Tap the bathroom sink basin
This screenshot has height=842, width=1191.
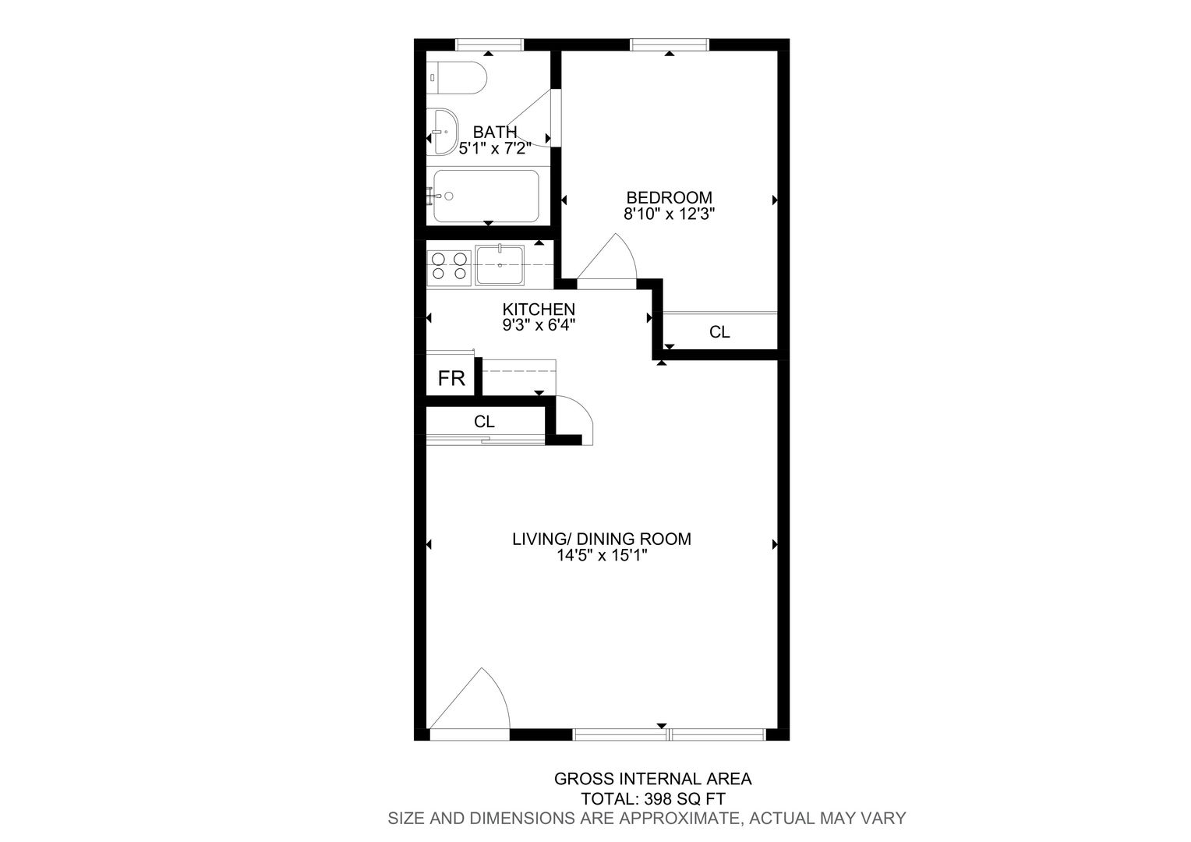(x=442, y=132)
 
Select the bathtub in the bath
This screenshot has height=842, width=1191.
(x=486, y=196)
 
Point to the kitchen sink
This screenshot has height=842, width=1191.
(x=500, y=264)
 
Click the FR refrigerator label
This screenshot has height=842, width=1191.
(x=451, y=378)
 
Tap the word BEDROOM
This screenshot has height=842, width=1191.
(x=669, y=198)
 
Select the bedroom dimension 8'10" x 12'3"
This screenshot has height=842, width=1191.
(x=669, y=214)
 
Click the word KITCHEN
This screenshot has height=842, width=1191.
(x=539, y=309)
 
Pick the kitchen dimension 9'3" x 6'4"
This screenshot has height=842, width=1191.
(x=539, y=325)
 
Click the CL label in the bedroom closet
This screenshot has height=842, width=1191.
(x=719, y=332)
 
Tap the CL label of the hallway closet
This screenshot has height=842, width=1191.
(x=484, y=422)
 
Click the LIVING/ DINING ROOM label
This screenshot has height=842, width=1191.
(x=602, y=539)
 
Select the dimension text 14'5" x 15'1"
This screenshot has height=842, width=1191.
(x=602, y=555)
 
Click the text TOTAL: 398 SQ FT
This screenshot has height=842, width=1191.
(x=653, y=799)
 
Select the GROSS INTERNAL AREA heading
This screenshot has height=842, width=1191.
(x=653, y=779)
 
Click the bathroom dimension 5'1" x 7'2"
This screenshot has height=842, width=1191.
(x=495, y=148)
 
